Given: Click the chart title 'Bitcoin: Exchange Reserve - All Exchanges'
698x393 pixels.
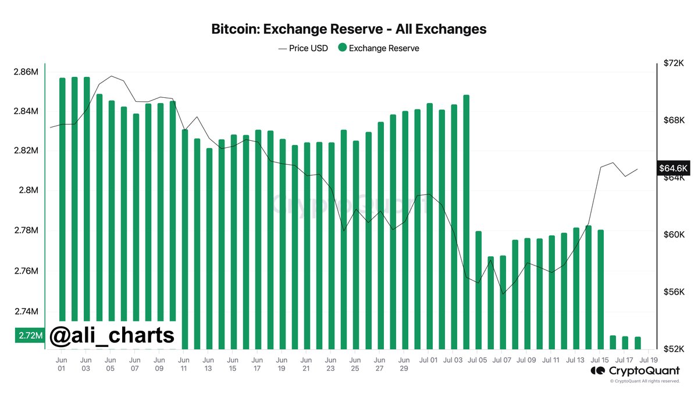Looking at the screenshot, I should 348,29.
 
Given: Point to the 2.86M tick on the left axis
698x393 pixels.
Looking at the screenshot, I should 26,72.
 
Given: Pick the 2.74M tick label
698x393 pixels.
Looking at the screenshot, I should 26,312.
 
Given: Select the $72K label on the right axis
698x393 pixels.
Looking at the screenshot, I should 674,63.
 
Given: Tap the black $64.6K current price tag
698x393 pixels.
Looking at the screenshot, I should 674,168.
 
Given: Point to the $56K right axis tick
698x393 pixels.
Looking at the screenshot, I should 674,292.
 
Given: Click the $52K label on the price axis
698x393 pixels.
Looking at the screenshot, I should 674,349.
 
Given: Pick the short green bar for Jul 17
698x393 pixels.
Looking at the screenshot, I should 625,342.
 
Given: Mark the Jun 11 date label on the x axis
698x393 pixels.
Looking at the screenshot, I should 184,364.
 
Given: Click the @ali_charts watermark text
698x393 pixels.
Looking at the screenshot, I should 112,335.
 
